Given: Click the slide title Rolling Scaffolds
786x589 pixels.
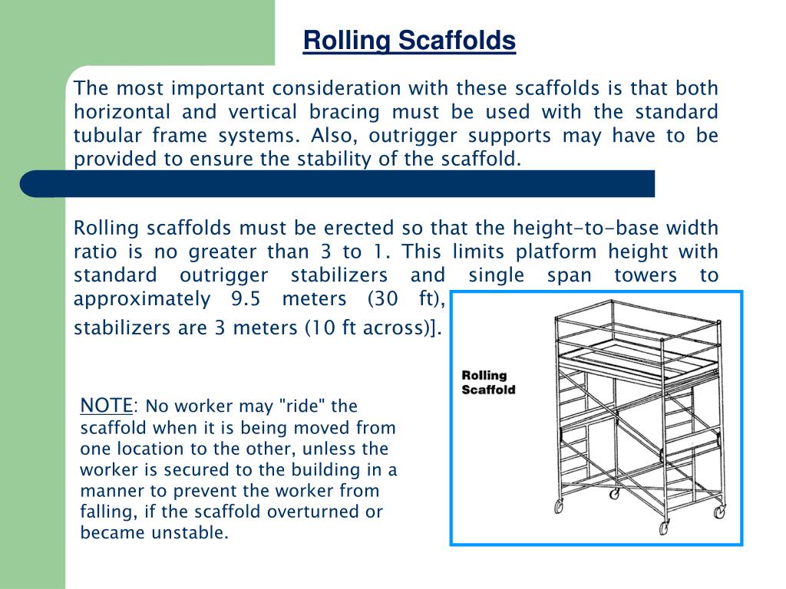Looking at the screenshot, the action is [409, 41].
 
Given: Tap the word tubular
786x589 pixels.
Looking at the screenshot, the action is [103, 136].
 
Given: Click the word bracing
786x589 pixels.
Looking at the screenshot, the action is [345, 112].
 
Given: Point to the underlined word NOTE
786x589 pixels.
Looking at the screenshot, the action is [107, 405].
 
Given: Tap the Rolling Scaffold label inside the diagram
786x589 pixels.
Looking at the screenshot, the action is [488, 382].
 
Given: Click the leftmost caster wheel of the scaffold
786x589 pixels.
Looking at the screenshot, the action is [558, 506].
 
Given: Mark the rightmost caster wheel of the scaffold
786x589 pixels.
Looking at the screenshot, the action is [719, 512].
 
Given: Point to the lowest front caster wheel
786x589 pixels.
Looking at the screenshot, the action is [664, 528].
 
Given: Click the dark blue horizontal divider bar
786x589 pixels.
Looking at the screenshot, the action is [338, 183].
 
